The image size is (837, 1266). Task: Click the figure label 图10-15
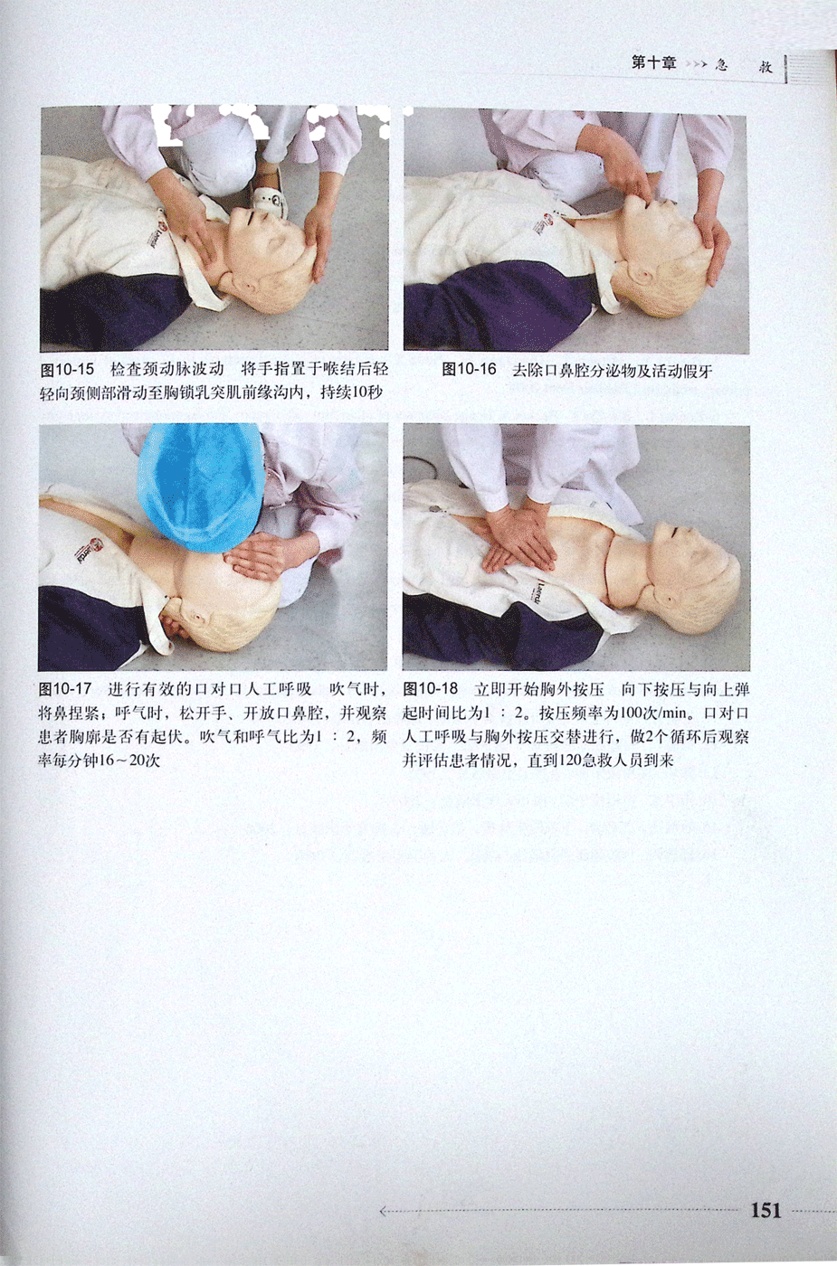tap(69, 371)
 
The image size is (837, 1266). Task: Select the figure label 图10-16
tap(469, 370)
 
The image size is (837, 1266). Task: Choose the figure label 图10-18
tap(431, 689)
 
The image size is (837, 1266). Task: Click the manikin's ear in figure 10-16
tap(645, 279)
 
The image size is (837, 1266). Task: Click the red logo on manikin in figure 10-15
tap(162, 224)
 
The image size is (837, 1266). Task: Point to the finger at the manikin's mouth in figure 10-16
tap(642, 194)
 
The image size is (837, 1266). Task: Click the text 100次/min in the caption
tap(654, 713)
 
